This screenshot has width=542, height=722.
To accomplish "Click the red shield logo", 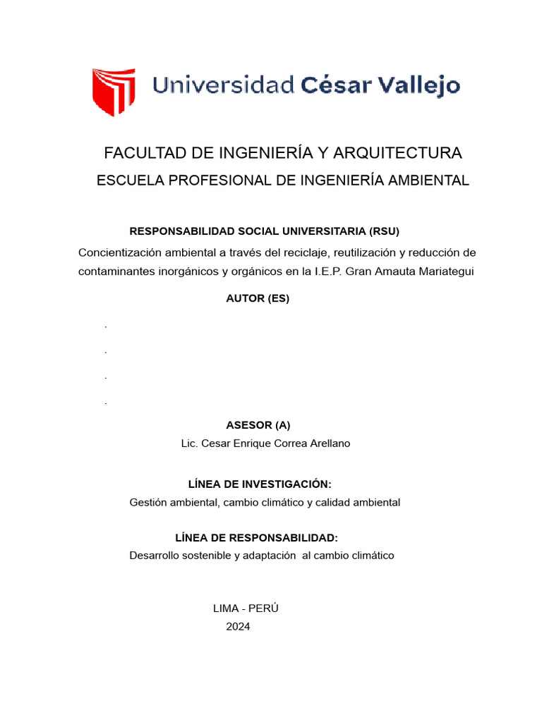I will tap(114, 91).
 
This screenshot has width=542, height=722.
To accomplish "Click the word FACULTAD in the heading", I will tap(145, 153).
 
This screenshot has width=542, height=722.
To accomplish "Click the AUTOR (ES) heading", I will tap(258, 298).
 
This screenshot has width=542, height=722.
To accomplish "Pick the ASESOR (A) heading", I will tap(258, 425).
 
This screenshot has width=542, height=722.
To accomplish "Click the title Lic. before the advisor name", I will tap(189, 443).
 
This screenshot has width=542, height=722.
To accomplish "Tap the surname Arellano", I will tap(327, 443).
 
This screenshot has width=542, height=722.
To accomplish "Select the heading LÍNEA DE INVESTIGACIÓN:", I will tap(259, 484).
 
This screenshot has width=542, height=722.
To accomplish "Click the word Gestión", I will tap(147, 503).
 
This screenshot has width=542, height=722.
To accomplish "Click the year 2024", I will tap(238, 627).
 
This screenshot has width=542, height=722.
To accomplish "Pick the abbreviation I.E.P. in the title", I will tap(323, 271).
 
